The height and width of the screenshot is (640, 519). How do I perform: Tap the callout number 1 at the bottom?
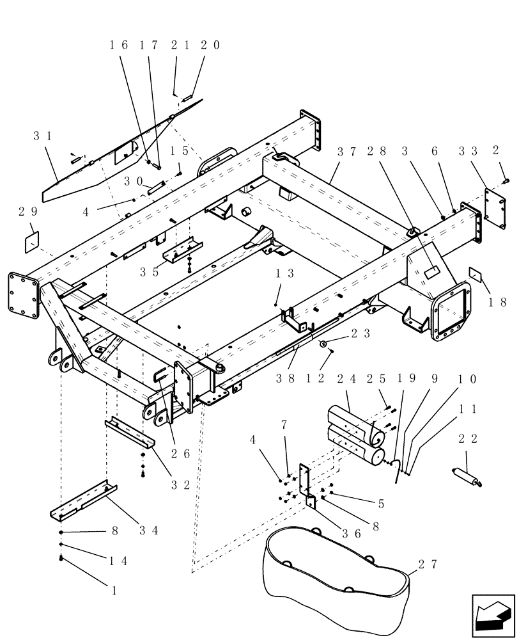tap(114, 590)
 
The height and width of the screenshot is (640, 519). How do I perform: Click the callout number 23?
tap(360, 333)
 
